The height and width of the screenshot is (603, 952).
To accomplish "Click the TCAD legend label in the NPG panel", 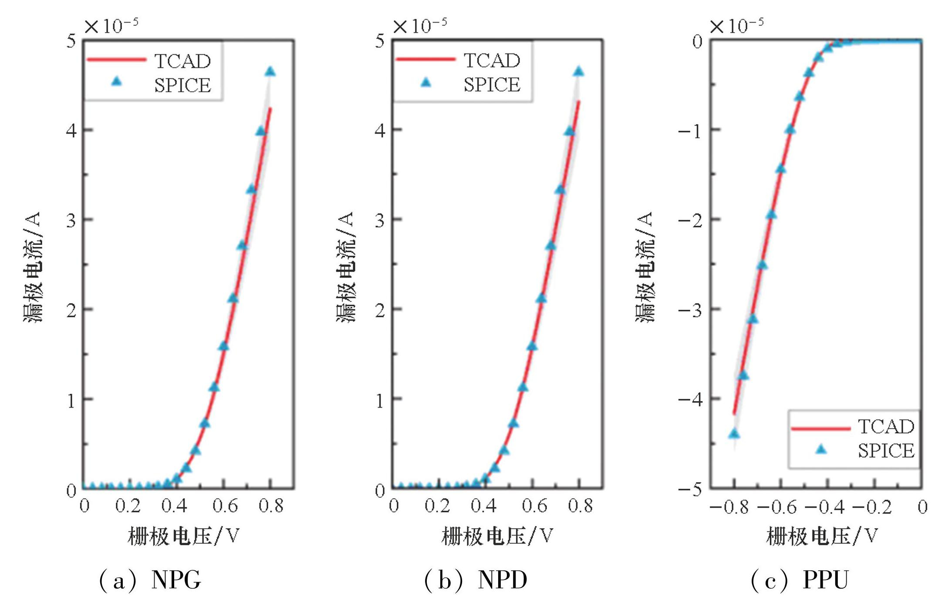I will click(182, 61).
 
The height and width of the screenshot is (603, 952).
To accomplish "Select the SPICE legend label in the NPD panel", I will click(492, 84).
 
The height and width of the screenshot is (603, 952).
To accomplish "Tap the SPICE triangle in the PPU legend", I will click(821, 449).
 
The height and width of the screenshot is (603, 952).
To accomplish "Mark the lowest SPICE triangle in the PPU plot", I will click(734, 434).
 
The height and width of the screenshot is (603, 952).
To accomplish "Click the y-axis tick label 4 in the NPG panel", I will click(71, 130).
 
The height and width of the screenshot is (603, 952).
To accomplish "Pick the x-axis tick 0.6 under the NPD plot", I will click(534, 506).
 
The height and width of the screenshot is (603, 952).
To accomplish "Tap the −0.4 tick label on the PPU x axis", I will click(824, 507).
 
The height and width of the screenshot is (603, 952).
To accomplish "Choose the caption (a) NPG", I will click(150, 580).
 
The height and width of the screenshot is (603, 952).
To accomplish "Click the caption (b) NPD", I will click(476, 580).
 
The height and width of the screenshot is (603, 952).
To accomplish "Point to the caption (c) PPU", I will click(800, 580).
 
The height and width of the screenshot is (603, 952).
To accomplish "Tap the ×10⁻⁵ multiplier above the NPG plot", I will click(111, 26).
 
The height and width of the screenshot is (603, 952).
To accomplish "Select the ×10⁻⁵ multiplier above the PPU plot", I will click(737, 26).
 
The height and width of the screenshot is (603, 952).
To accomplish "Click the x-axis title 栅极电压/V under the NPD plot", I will click(497, 536).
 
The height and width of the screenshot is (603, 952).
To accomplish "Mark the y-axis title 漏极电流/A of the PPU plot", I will click(645, 267).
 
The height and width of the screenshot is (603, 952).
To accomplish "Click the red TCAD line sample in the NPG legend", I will click(116, 60).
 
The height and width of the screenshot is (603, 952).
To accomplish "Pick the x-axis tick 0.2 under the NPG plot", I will click(128, 506).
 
